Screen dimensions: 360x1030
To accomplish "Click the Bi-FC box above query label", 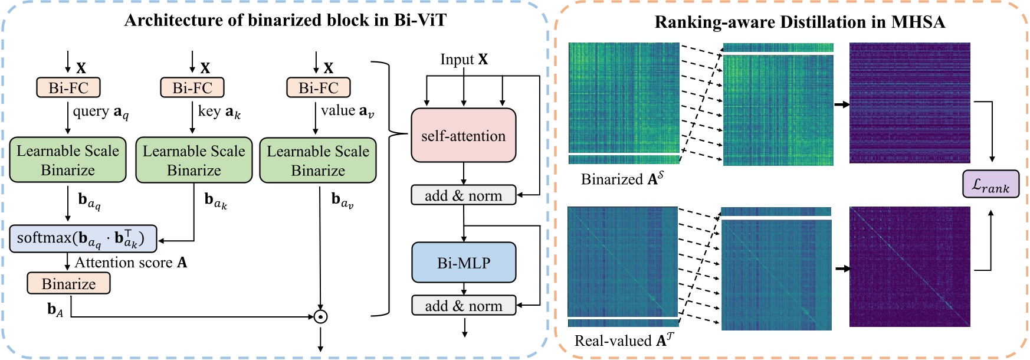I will point(68,88).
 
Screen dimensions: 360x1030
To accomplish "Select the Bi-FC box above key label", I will point(192,88).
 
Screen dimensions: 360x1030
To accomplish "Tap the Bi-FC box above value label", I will point(319,88).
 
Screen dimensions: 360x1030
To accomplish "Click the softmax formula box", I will point(83,238).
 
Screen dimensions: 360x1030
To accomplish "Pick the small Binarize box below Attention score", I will point(68,284).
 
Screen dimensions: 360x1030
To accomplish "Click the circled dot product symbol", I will point(320,317).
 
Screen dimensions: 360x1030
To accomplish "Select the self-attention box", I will point(463,136).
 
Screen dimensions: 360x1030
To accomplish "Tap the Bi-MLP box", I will point(463,263).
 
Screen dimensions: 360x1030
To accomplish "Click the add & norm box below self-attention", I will point(463,195).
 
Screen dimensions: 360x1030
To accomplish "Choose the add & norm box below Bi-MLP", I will point(463,306).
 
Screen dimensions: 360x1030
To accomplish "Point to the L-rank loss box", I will point(990,184).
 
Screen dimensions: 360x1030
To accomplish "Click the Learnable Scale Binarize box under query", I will point(68,160).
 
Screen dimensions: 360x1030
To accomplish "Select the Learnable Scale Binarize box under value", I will point(318,160).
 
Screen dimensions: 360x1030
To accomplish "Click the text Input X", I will point(464,60).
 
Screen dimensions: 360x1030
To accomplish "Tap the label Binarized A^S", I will point(622,179).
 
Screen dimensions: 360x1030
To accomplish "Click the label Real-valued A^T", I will point(624,341).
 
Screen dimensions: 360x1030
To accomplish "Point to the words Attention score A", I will point(130,263).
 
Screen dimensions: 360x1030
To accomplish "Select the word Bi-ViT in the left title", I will point(421,21).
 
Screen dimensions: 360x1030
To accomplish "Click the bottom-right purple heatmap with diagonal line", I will point(910,267).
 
